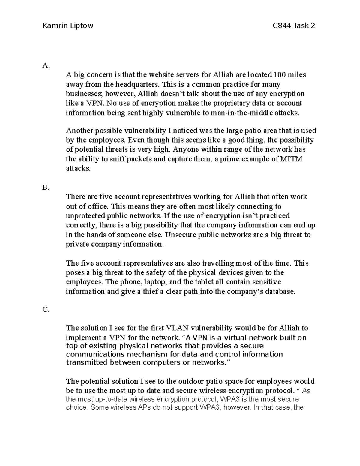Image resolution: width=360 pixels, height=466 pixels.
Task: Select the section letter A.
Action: click(x=45, y=65)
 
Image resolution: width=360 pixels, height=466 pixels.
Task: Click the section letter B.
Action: click(x=45, y=188)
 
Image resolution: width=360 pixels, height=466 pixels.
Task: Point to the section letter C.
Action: click(x=46, y=310)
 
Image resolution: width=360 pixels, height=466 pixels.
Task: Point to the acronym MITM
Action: click(x=292, y=159)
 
